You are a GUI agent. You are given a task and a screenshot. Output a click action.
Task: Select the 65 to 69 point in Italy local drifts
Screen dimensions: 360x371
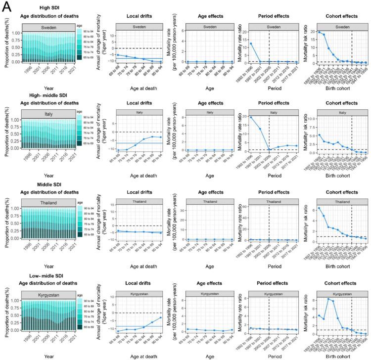click(117, 150)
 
